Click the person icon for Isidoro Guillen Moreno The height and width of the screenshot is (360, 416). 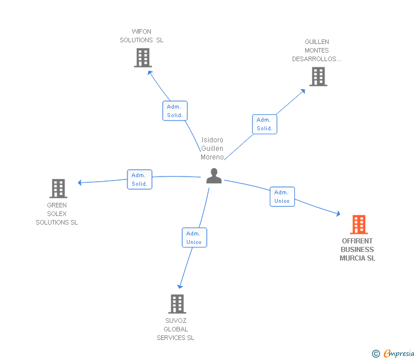click(x=214, y=176)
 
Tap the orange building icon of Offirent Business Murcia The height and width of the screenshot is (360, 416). click(x=358, y=225)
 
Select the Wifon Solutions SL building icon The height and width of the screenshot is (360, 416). click(x=142, y=58)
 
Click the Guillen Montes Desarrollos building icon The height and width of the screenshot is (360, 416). click(x=318, y=77)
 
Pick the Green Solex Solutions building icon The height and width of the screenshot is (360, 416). click(x=58, y=188)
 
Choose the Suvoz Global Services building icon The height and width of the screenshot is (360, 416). click(x=177, y=303)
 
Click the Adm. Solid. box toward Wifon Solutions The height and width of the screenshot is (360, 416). click(x=175, y=111)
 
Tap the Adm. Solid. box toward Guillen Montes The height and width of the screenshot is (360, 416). click(x=265, y=124)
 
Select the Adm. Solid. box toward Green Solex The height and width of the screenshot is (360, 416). click(x=139, y=179)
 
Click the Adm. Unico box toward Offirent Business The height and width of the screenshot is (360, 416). click(x=282, y=197)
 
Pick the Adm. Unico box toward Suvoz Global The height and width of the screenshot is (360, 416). click(x=194, y=238)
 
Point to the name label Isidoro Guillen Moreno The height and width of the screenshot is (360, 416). click(x=212, y=149)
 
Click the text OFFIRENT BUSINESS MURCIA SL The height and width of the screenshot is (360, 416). click(x=357, y=250)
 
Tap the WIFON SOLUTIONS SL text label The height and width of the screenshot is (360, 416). click(x=141, y=36)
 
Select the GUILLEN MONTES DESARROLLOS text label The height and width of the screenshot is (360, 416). click(x=317, y=50)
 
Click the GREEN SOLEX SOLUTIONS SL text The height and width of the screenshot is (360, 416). click(x=57, y=214)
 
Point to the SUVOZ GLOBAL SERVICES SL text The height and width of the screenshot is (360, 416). click(x=175, y=329)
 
